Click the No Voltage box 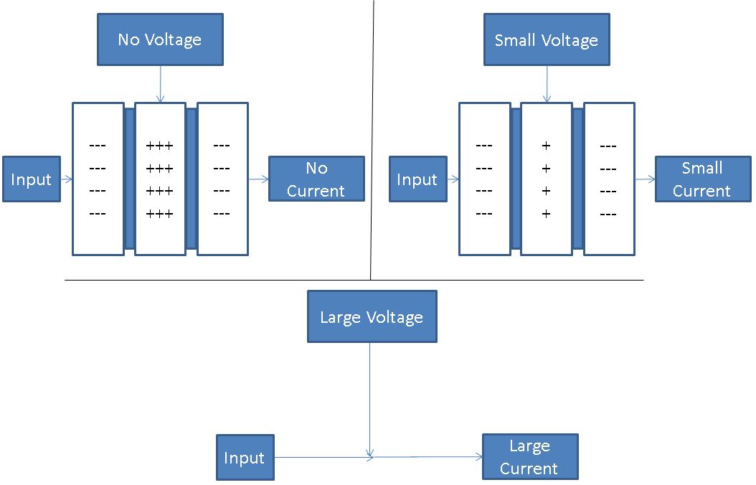coord(160,39)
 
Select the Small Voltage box coord(547,39)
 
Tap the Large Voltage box coord(372,316)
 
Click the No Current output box coord(316,179)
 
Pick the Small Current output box coord(701,179)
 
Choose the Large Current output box coord(529,457)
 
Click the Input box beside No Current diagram coord(31,179)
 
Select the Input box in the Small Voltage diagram coord(417,179)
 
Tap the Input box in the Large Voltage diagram coord(245,458)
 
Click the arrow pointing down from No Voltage coord(160,83)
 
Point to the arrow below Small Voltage coord(547,83)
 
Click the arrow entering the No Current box coord(258,179)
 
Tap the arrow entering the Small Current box coord(645,179)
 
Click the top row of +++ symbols coord(160,146)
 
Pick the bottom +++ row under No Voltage coord(160,214)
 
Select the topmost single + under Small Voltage coord(547,146)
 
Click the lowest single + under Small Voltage coord(547,214)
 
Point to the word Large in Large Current coord(529,446)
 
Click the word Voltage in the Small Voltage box coord(571,40)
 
